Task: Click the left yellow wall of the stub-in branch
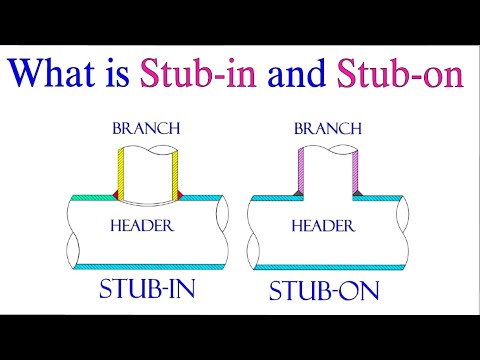[122, 170]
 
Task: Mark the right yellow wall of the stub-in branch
[177, 170]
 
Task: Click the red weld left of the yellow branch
[115, 192]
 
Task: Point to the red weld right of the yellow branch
[185, 192]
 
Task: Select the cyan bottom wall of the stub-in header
[150, 267]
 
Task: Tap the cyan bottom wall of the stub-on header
[330, 267]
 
